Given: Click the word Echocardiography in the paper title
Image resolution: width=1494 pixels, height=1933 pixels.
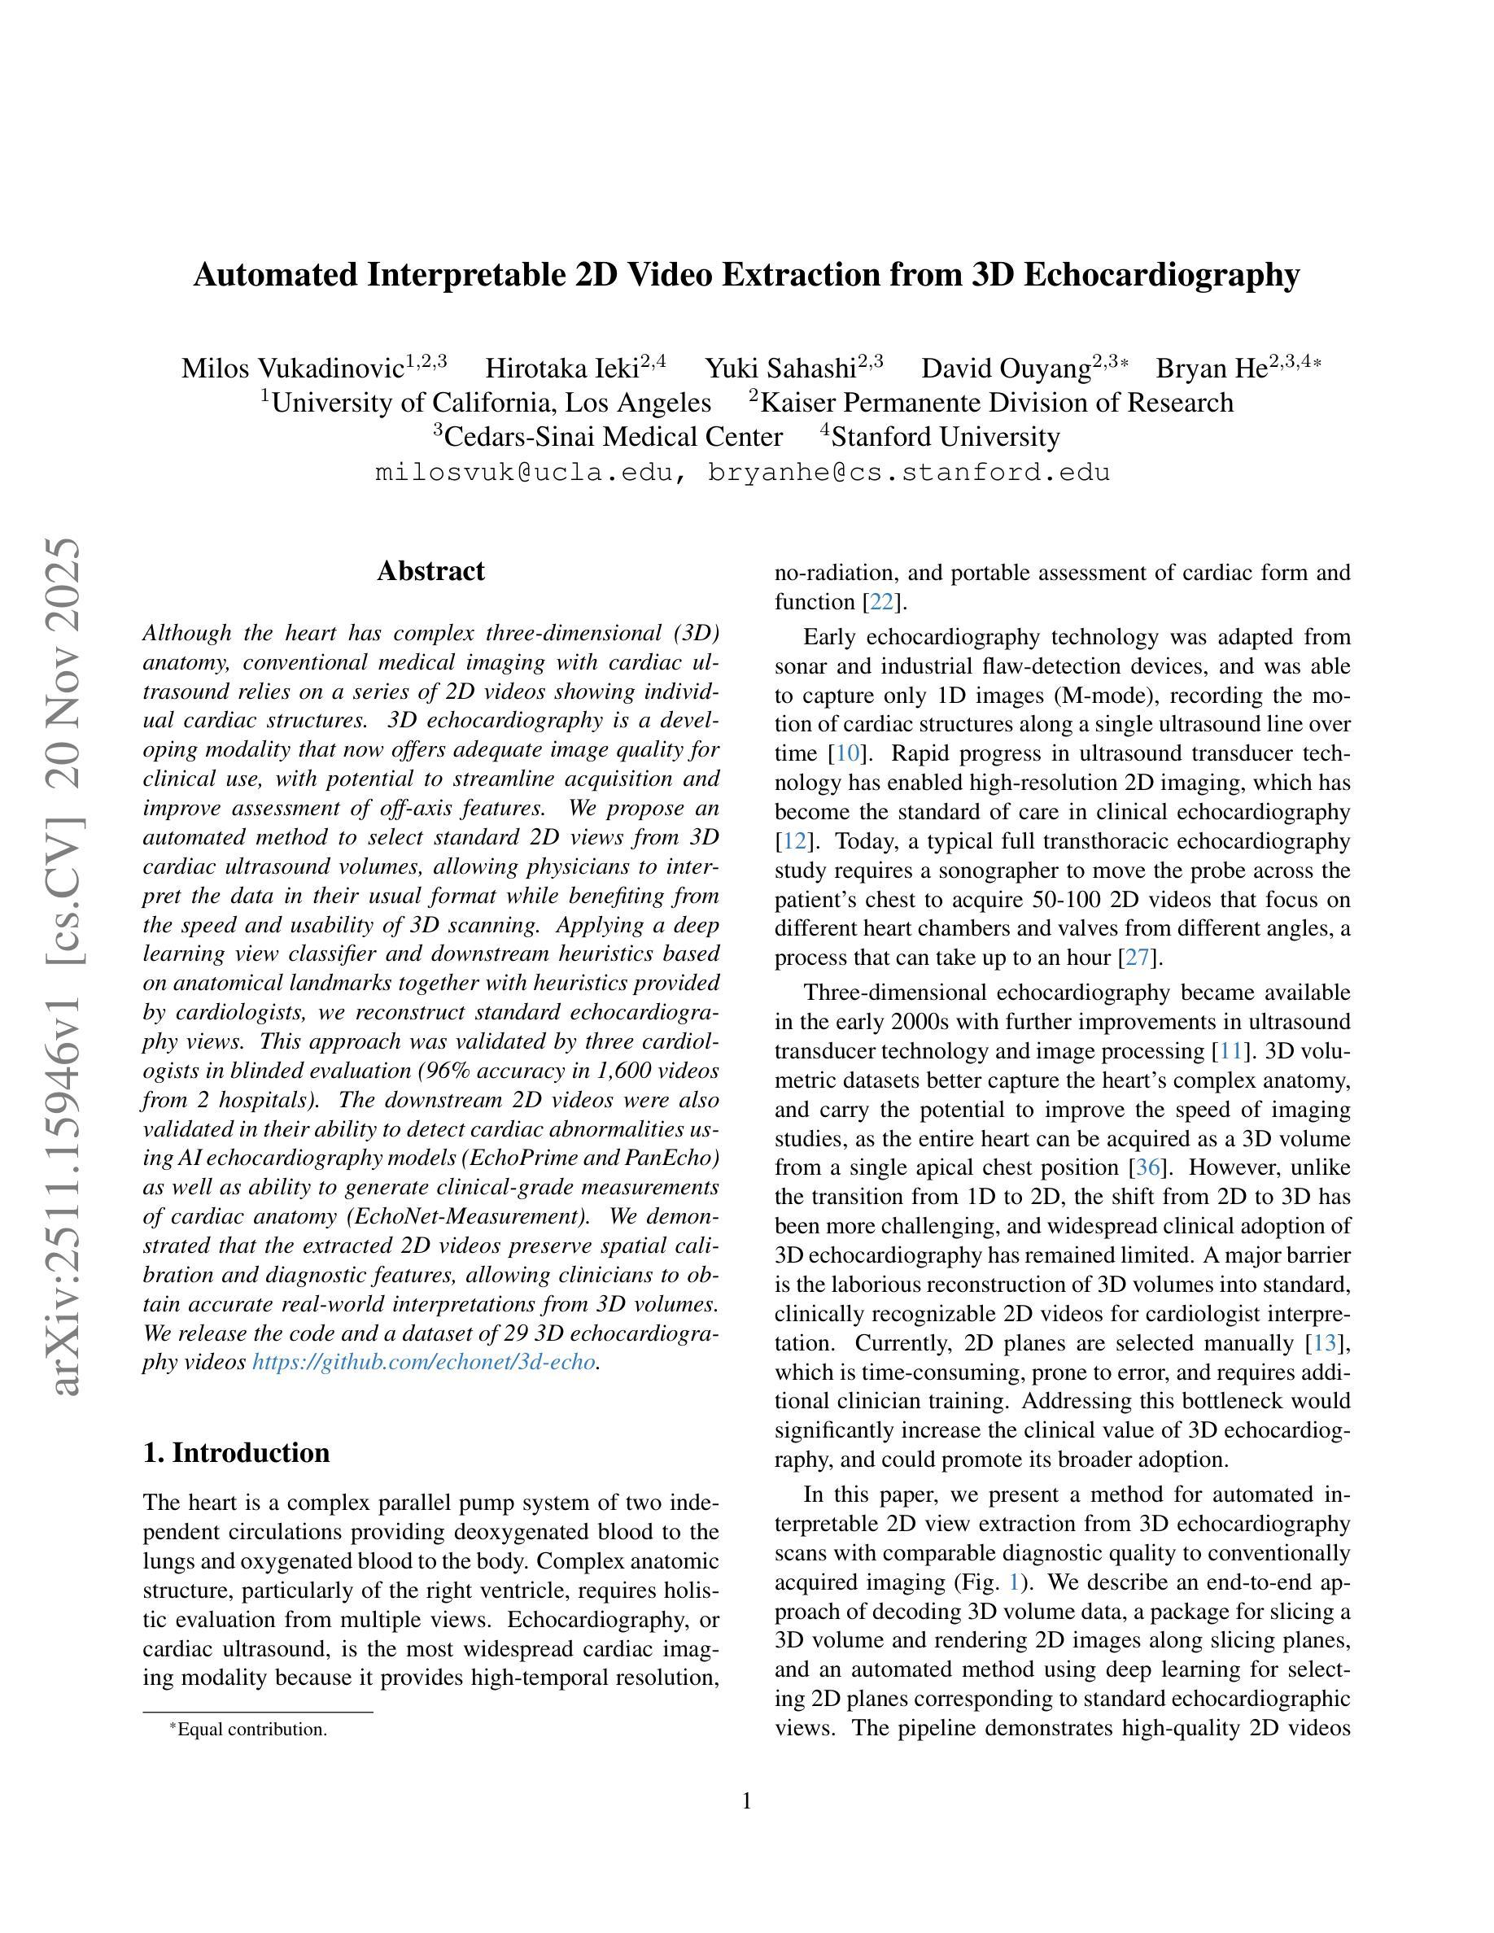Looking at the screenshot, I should (1161, 275).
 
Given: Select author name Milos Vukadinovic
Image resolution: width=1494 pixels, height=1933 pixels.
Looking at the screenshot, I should (292, 369).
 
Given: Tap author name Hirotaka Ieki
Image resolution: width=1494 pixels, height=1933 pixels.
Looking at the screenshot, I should (562, 369).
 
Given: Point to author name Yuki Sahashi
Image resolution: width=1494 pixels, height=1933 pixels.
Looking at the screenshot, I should (780, 369).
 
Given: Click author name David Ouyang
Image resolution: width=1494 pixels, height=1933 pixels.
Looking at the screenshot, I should (1006, 369).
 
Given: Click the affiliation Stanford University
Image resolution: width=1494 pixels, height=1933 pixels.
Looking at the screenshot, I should (946, 437).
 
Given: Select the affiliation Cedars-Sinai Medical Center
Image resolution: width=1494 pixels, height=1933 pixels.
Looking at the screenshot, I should (613, 437).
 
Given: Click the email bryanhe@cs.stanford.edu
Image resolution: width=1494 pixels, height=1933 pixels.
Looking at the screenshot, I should (909, 473).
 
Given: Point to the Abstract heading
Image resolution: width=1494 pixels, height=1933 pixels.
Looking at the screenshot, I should (431, 571).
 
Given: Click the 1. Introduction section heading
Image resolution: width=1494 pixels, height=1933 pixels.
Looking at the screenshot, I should (236, 1452).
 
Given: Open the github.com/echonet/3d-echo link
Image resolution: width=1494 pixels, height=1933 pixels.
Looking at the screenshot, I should (423, 1362).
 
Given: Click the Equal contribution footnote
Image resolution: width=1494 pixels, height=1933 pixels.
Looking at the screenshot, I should (251, 1729).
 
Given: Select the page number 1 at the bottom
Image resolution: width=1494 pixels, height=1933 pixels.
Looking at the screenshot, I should (746, 1801).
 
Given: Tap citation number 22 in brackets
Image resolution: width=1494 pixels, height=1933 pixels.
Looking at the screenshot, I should (882, 603).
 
